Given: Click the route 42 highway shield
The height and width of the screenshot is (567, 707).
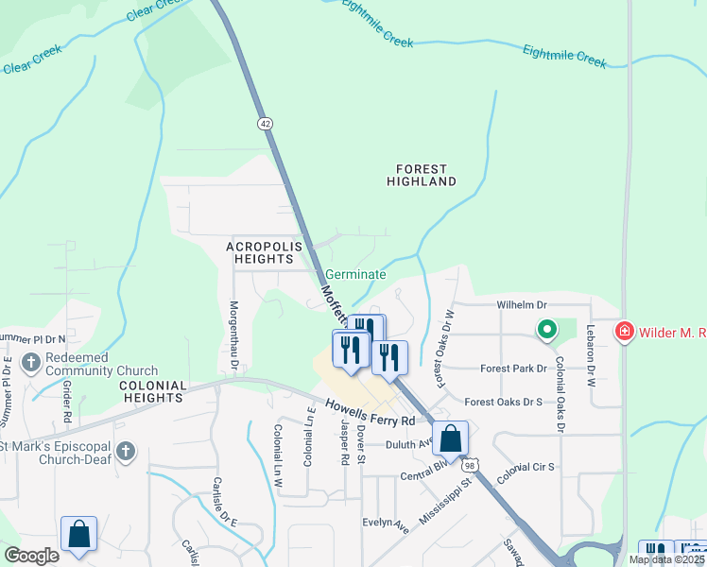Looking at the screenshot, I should click(x=265, y=124).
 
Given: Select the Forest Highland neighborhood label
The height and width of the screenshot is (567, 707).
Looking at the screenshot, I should click(x=422, y=174).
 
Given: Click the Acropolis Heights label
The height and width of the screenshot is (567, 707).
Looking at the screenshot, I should click(x=265, y=252).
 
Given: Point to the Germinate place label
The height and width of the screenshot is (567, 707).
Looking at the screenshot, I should click(x=355, y=275).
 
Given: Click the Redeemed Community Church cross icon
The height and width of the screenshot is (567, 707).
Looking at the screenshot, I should click(x=30, y=361).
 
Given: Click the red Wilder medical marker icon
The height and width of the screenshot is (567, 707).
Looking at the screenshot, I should click(x=624, y=332).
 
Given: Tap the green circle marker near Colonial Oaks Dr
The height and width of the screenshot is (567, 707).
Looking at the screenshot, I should click(x=546, y=330).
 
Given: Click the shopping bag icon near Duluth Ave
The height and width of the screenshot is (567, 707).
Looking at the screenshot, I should click(x=451, y=438).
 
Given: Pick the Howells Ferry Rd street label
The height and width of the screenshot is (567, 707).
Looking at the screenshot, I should click(x=371, y=412).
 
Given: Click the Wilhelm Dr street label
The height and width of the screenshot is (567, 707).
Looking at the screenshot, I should click(x=522, y=305).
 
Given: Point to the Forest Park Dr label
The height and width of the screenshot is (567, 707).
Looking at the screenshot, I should click(x=513, y=369).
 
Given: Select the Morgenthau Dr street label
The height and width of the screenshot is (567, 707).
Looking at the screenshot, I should click(x=233, y=336).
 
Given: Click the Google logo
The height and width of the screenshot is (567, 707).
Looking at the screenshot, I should click(x=31, y=556).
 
